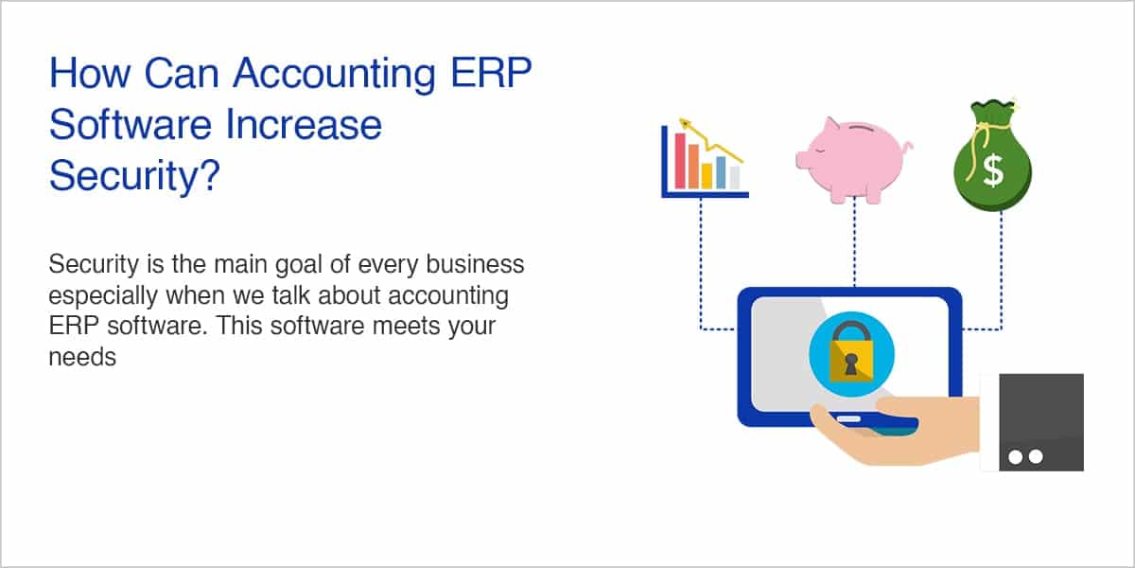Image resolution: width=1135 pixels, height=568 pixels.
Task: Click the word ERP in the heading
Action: (491, 73)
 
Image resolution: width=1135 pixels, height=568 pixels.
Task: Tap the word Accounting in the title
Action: (335, 75)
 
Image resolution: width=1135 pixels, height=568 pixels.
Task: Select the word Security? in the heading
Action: (134, 176)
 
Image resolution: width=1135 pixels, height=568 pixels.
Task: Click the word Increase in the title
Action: (304, 125)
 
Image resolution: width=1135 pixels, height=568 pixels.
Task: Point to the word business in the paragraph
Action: (475, 264)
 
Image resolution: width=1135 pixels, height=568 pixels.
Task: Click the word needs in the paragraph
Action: (82, 358)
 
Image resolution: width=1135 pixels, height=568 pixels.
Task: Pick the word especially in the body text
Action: (103, 296)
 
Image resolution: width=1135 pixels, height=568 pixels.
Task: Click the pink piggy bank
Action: (854, 159)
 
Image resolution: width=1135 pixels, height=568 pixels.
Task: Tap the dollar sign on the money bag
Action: (992, 171)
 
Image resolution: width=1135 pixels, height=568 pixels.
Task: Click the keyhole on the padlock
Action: (851, 364)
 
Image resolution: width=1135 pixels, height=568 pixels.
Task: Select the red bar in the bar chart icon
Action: (680, 160)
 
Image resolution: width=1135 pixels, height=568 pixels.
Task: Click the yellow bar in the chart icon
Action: (707, 176)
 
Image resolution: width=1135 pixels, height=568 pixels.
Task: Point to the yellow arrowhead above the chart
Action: (685, 123)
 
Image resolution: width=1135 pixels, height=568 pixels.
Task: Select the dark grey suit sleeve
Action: (1041, 422)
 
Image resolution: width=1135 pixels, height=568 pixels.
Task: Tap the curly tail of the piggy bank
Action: (907, 147)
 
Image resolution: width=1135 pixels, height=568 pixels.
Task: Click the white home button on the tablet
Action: (848, 418)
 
